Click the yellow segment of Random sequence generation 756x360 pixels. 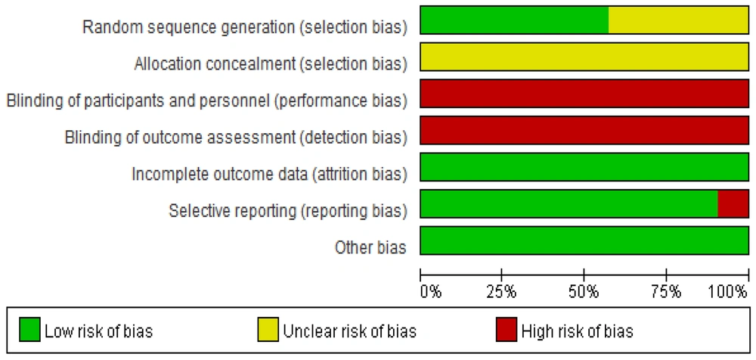pyautogui.click(x=678, y=20)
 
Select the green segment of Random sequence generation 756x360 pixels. pyautogui.click(x=514, y=20)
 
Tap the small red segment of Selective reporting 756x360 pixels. pyautogui.click(x=733, y=203)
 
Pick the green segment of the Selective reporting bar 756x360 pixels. pyautogui.click(x=569, y=203)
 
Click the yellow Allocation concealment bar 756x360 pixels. pyautogui.click(x=584, y=57)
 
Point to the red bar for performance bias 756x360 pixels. pyautogui.click(x=584, y=93)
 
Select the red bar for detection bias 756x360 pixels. pyautogui.click(x=584, y=130)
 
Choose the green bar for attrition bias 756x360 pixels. pyautogui.click(x=584, y=166)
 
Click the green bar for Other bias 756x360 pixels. pyautogui.click(x=584, y=240)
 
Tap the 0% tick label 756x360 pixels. pyautogui.click(x=431, y=292)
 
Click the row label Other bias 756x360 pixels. pyautogui.click(x=370, y=247)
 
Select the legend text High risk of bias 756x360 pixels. pyautogui.click(x=578, y=331)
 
